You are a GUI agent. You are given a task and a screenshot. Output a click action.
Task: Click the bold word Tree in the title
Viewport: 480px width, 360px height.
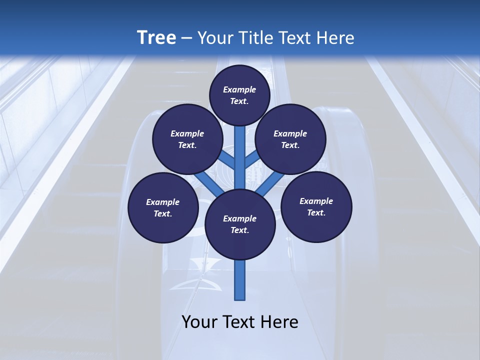pyautogui.click(x=156, y=37)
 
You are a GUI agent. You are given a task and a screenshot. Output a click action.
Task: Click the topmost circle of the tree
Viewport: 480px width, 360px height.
pyautogui.click(x=239, y=95)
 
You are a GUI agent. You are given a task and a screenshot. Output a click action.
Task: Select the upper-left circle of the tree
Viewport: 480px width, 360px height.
pyautogui.click(x=187, y=139)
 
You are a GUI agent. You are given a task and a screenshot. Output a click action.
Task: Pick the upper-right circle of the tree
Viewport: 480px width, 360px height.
pyautogui.click(x=290, y=139)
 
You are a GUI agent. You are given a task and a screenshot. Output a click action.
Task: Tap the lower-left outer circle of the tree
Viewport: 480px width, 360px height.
pyautogui.click(x=163, y=207)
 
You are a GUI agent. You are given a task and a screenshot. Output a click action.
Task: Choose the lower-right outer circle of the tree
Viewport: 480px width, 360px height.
pyautogui.click(x=316, y=206)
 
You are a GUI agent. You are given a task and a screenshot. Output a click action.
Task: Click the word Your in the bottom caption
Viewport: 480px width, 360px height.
pyautogui.click(x=200, y=322)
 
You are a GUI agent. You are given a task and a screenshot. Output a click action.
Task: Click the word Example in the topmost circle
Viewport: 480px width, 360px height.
pyautogui.click(x=239, y=89)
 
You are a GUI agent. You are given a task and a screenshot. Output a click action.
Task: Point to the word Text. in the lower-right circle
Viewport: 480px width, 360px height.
pyautogui.click(x=316, y=212)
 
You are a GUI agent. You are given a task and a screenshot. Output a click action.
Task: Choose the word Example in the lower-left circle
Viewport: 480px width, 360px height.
pyautogui.click(x=163, y=202)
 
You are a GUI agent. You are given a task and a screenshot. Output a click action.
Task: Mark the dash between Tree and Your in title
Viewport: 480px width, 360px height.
pyautogui.click(x=187, y=38)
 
